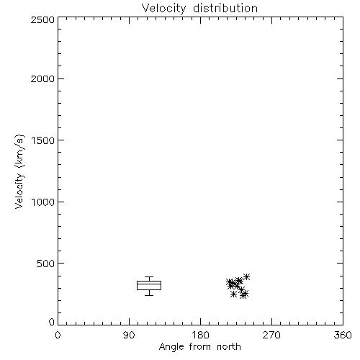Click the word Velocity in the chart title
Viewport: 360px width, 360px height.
[164, 9]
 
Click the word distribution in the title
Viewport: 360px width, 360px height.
[225, 8]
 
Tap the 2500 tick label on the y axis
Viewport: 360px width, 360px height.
[42, 19]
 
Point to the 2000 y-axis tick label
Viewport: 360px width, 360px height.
[42, 79]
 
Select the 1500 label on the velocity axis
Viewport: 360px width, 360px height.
[43, 140]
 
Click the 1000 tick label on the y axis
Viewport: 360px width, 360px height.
[43, 202]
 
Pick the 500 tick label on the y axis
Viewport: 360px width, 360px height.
[46, 264]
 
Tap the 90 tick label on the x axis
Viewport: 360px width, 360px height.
[129, 335]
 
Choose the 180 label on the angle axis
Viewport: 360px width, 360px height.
[200, 335]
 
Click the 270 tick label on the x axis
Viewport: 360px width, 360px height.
[271, 335]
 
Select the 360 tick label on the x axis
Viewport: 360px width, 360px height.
[343, 335]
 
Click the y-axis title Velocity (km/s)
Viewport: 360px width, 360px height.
[19, 171]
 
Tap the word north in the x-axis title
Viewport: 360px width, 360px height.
[229, 347]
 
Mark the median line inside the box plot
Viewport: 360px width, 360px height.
[149, 284]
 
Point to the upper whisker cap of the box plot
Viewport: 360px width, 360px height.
[149, 277]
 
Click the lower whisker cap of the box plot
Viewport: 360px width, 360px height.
[149, 295]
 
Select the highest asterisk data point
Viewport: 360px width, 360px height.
[246, 276]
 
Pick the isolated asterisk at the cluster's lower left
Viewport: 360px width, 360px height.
[233, 294]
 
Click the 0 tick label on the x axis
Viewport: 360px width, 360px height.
[58, 335]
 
